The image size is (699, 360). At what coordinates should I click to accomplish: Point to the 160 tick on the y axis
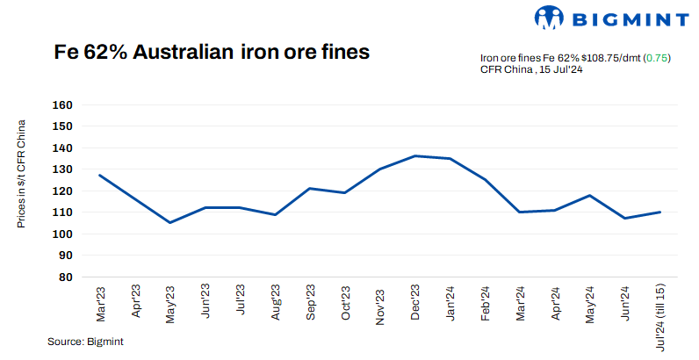coord(62,104)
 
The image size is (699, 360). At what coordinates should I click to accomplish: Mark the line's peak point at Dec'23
coord(414,156)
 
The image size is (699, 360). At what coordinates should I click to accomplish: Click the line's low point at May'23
coord(169,222)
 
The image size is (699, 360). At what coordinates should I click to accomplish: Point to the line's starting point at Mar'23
coord(99,175)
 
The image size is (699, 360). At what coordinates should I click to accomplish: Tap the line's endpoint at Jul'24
coord(660,212)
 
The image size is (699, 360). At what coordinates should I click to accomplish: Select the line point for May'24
coord(590,195)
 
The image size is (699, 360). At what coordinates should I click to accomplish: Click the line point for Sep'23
coord(310,188)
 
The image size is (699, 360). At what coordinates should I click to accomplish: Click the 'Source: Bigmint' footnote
coord(85,342)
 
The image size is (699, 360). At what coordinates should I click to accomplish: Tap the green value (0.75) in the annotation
coord(658,58)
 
